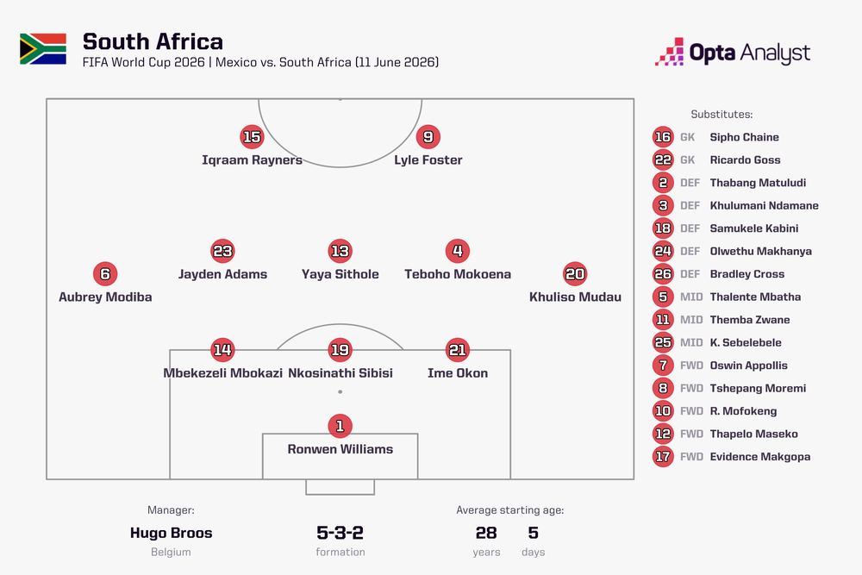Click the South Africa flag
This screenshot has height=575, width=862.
43,49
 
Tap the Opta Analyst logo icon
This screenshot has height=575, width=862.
670,52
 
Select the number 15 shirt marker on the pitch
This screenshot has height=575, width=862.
252,137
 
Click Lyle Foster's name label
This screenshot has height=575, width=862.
428,160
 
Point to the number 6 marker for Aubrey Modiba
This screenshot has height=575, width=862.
105,274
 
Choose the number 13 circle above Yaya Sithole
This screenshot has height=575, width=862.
340,251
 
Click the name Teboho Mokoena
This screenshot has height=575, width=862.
458,274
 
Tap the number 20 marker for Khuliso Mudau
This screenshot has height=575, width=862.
575,274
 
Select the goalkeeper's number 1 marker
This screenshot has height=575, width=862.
340,426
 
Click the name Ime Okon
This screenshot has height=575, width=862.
458,373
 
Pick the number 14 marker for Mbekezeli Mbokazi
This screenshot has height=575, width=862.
222,350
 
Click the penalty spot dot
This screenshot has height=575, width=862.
340,392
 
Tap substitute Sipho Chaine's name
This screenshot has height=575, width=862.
745,137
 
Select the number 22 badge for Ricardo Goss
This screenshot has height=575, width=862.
663,160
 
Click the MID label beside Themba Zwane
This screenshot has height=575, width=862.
691,320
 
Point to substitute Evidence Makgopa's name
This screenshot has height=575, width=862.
760,457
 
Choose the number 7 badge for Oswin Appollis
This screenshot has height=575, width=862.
663,366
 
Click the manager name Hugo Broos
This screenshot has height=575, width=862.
171,533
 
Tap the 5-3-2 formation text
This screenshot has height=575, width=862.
340,533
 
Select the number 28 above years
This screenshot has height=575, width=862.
486,533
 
